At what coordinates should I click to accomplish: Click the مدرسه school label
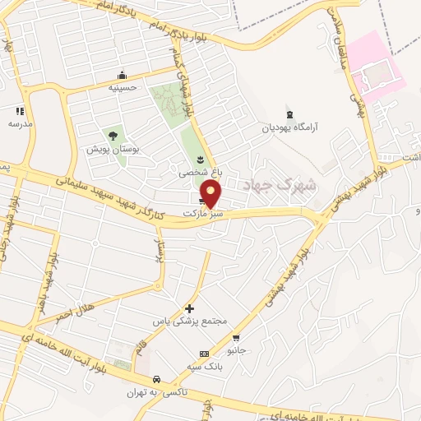pos(20,123)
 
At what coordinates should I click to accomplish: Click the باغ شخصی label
pos(200,173)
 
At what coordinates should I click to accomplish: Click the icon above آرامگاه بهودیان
pos(289,114)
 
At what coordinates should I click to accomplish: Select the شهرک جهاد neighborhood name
pos(292,185)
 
